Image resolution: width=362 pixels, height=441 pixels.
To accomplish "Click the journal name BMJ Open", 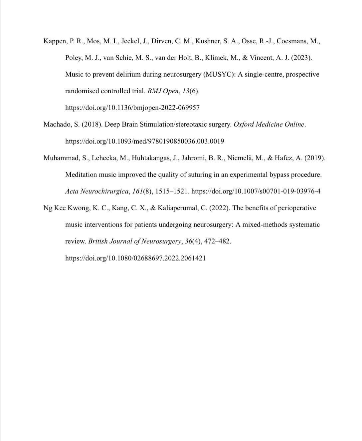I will (163, 91).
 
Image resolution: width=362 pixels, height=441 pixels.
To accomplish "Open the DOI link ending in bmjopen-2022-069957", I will (132, 108).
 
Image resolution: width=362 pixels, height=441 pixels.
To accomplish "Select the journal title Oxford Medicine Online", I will (269, 125).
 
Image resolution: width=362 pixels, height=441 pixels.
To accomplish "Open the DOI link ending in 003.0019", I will (144, 141).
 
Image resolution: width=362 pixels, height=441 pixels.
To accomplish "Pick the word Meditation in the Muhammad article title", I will (81, 175).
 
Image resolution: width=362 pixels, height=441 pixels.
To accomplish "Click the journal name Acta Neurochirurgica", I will (97, 192).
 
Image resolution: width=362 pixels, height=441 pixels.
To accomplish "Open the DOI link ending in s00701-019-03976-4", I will (256, 192).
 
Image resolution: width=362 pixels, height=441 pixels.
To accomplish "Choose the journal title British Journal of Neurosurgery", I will (135, 241).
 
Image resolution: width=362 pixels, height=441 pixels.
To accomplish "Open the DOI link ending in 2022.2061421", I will (135, 258).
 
